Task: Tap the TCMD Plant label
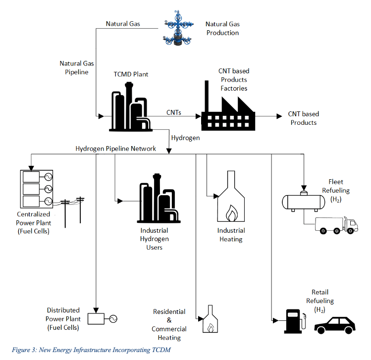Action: tap(131, 74)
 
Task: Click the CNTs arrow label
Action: tap(173, 112)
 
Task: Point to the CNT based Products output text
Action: tap(303, 118)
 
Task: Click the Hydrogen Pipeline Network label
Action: tap(115, 149)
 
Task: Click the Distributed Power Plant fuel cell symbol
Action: tap(102, 318)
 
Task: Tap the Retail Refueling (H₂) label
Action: tap(319, 301)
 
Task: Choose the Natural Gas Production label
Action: tap(222, 28)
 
